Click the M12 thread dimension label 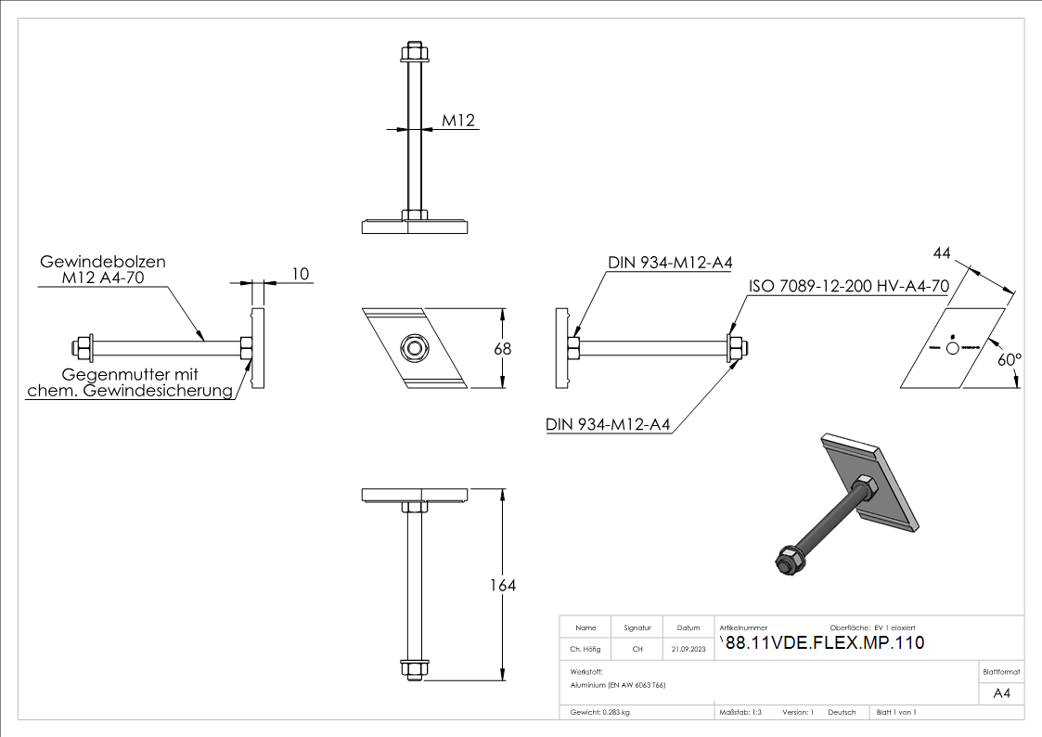(x=458, y=121)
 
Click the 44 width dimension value (x=943, y=253)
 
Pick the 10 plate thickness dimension (x=300, y=273)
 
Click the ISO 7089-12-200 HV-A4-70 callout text (x=847, y=287)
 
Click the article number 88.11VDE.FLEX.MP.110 (x=824, y=642)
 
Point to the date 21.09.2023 (x=688, y=649)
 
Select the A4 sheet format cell (x=1002, y=693)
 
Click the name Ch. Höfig (x=585, y=649)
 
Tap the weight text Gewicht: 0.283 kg (x=600, y=712)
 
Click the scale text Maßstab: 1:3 (x=740, y=712)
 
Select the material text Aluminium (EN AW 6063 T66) (x=618, y=685)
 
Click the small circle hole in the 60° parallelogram (x=952, y=347)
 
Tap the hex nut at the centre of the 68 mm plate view (x=413, y=348)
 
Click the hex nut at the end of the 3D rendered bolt (x=786, y=562)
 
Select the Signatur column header (x=637, y=627)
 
